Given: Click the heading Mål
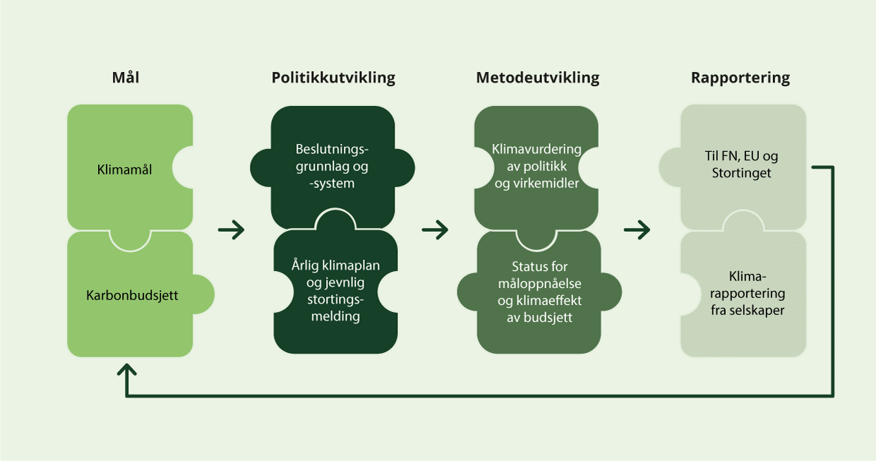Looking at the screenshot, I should click(126, 78).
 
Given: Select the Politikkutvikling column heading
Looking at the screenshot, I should click(333, 78).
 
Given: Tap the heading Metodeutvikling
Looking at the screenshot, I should click(537, 78).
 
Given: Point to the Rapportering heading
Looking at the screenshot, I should click(740, 78).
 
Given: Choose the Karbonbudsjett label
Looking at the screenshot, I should click(132, 295).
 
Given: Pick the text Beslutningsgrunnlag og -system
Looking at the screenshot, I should click(333, 167).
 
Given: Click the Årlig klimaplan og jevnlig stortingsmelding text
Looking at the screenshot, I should click(335, 291).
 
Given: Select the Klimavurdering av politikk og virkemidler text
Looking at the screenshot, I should click(537, 167).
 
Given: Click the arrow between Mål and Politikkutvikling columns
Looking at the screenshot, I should click(231, 229).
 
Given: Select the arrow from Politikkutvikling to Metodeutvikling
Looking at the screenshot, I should click(435, 229).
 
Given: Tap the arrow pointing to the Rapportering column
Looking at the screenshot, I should click(637, 229).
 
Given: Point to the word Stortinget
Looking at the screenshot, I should click(741, 173).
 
